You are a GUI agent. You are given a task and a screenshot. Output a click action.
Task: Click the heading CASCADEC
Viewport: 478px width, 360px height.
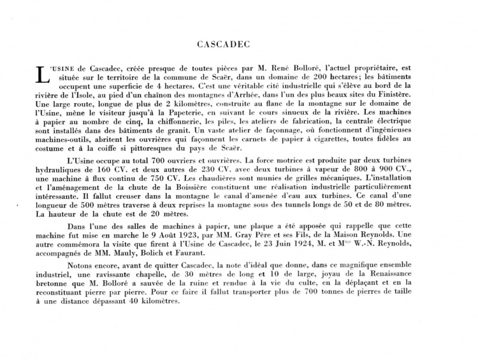[238, 45]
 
